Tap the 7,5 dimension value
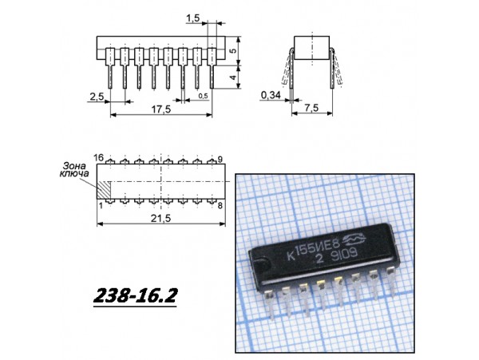[312, 108]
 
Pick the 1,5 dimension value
[192, 17]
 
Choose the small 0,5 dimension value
[203, 96]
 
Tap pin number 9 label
[220, 159]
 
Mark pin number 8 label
[219, 205]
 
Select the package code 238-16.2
[134, 297]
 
